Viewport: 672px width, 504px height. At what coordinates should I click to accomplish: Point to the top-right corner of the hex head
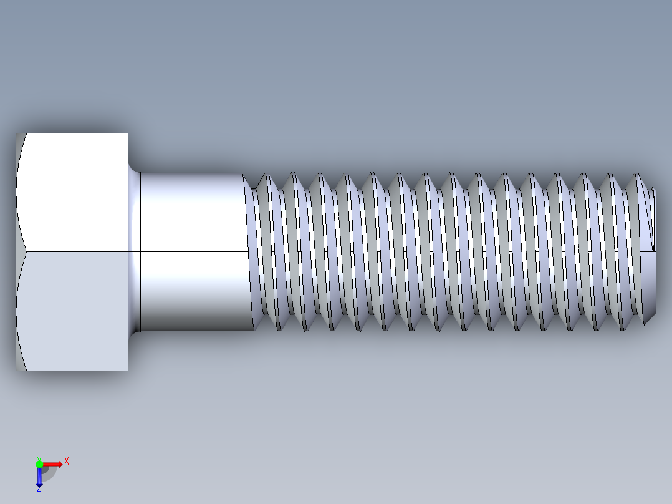click(128, 133)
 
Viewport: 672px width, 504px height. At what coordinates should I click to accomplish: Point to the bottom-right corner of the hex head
click(128, 371)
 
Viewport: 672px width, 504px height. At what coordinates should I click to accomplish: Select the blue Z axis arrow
click(39, 478)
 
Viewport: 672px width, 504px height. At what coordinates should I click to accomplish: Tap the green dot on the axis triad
click(39, 463)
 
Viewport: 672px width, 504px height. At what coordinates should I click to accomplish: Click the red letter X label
click(67, 461)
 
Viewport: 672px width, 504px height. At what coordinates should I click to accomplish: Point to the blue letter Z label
click(39, 490)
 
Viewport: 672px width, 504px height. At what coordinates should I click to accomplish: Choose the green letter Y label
click(39, 458)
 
